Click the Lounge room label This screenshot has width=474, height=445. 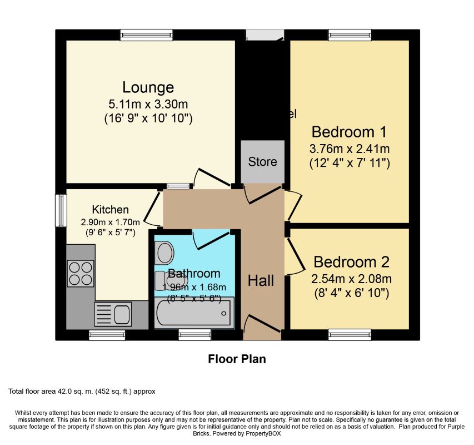[x=148, y=87]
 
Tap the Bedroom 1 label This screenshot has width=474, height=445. [x=349, y=132]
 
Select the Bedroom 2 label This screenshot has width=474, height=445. [x=351, y=262]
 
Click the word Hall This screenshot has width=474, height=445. [x=261, y=281]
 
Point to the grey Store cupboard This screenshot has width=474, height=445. [x=262, y=162]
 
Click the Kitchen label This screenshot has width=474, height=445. [x=110, y=210]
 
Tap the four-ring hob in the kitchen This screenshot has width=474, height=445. [x=80, y=273]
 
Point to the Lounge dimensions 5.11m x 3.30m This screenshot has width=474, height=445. [x=148, y=103]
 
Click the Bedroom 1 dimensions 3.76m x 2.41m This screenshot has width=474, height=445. [x=349, y=149]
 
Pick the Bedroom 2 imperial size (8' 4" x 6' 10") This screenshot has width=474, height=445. [x=351, y=292]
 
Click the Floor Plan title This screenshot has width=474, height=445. [x=237, y=359]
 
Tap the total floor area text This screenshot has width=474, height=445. [x=82, y=392]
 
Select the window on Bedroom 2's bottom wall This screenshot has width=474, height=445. [x=350, y=335]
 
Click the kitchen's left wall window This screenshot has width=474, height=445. [x=61, y=210]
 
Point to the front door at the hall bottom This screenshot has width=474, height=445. [x=262, y=327]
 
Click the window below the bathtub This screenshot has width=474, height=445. [x=194, y=335]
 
